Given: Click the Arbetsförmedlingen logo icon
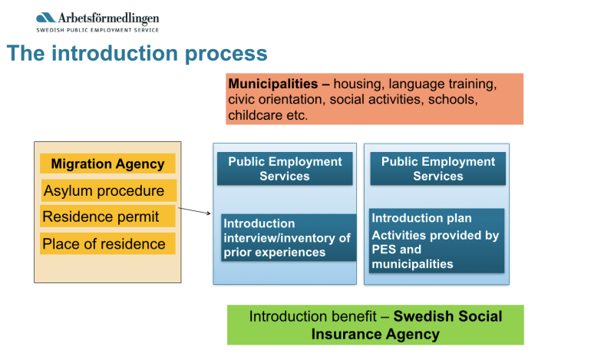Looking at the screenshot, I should click(x=45, y=18).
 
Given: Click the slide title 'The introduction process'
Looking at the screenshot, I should click(x=137, y=54).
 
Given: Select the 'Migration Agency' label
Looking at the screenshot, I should click(x=107, y=163).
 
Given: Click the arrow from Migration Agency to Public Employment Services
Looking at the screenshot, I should click(x=195, y=211).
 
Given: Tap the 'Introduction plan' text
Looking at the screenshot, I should click(x=421, y=218).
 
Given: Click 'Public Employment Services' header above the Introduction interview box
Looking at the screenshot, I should click(x=285, y=169).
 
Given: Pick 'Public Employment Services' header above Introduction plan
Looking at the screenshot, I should click(x=438, y=169).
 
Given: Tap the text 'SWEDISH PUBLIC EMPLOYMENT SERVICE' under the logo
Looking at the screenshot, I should click(x=97, y=30).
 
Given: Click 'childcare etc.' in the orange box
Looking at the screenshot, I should click(x=268, y=116).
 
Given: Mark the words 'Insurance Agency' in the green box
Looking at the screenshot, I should click(x=375, y=334).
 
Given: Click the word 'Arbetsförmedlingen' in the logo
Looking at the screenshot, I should click(x=108, y=18).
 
